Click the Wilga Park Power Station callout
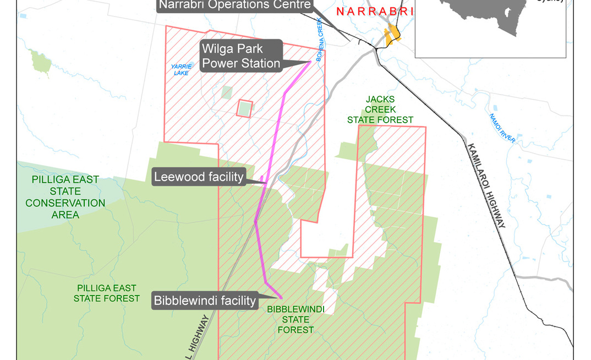coord(241,56)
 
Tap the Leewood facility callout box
coord(199,177)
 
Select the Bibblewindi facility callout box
coord(205,301)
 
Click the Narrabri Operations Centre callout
coord(236,6)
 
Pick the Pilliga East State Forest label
coord(107,293)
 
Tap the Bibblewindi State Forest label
coord(295,319)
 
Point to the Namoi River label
coord(502,128)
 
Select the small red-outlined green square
coord(244,108)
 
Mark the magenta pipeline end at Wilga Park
coord(310,62)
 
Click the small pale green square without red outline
coord(227,92)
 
